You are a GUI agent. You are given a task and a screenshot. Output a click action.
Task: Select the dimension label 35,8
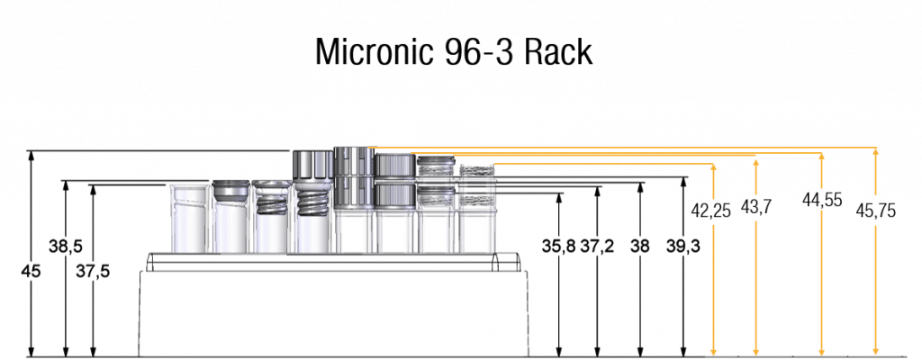coord(558,246)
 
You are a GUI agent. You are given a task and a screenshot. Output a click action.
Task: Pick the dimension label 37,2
coord(598,246)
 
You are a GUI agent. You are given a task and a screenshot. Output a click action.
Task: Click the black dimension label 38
coord(640,246)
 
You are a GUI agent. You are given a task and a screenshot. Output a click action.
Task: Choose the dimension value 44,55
coord(821,201)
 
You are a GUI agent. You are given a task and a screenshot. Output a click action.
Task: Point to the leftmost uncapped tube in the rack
coord(188,218)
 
